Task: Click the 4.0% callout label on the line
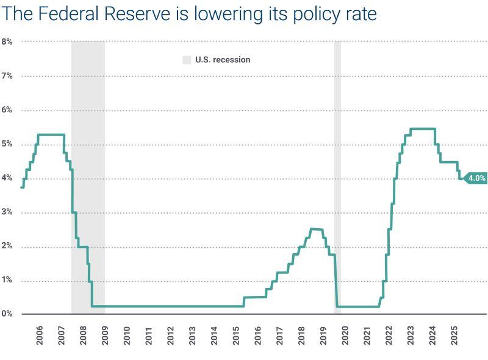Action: coord(476,178)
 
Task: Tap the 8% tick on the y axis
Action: coord(7,41)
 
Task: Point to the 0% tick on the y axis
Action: coord(7,314)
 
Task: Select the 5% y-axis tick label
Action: coord(7,145)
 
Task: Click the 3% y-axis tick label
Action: coord(7,212)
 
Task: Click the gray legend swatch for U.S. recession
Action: coord(187,60)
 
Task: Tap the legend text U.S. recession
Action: coord(223,60)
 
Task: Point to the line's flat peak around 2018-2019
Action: coord(317,229)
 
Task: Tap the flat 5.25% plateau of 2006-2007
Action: coord(51,134)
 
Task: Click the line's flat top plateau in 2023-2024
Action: coord(422,129)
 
